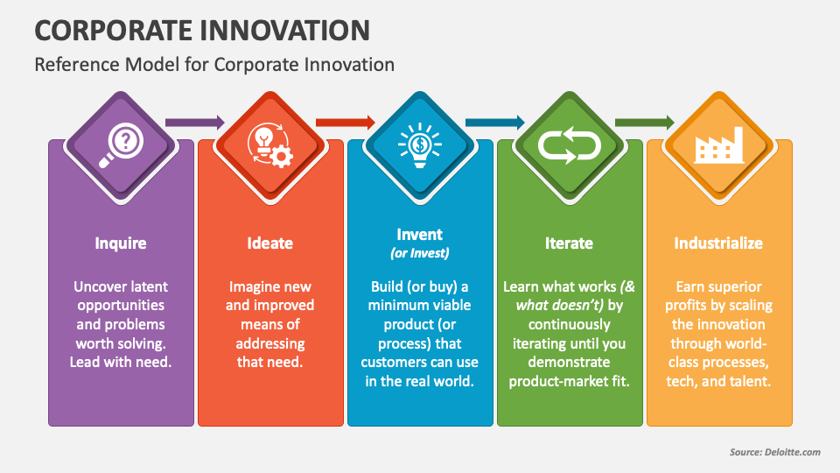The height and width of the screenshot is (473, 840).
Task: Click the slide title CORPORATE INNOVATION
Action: click(x=202, y=30)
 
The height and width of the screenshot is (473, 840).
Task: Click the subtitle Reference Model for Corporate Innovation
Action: click(x=214, y=65)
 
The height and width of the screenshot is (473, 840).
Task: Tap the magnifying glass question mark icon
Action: click(x=121, y=143)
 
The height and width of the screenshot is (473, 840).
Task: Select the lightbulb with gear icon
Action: click(x=270, y=144)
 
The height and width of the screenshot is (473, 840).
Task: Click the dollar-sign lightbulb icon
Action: click(x=420, y=144)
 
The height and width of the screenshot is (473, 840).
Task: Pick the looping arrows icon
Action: click(x=570, y=144)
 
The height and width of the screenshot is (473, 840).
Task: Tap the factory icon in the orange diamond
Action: click(x=718, y=145)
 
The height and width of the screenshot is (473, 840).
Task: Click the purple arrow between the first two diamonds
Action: click(x=195, y=123)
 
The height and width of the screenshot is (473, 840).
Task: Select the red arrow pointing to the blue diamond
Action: click(x=345, y=123)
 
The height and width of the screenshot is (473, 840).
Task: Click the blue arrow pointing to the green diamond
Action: click(x=494, y=123)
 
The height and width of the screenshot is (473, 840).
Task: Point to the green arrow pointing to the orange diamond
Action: click(x=644, y=123)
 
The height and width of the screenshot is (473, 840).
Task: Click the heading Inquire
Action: click(x=121, y=244)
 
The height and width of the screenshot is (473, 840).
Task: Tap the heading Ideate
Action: click(x=270, y=244)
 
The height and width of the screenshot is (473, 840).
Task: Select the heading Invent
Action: click(x=420, y=235)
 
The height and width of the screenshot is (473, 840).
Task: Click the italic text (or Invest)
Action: click(x=420, y=253)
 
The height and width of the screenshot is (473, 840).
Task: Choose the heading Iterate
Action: click(x=570, y=244)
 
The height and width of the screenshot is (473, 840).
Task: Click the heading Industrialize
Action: click(x=718, y=244)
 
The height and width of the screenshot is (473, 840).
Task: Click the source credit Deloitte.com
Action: click(x=774, y=452)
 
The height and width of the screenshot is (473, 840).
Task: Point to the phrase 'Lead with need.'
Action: click(x=121, y=362)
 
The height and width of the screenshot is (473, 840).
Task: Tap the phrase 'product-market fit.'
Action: click(x=570, y=380)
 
